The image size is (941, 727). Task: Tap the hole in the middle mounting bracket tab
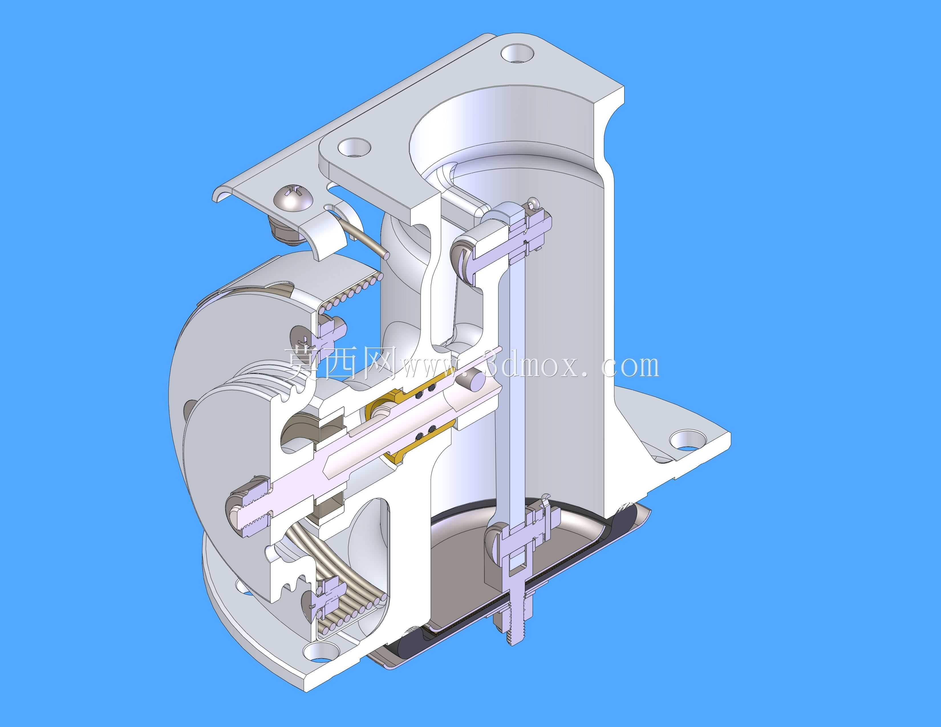pos(354,147)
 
